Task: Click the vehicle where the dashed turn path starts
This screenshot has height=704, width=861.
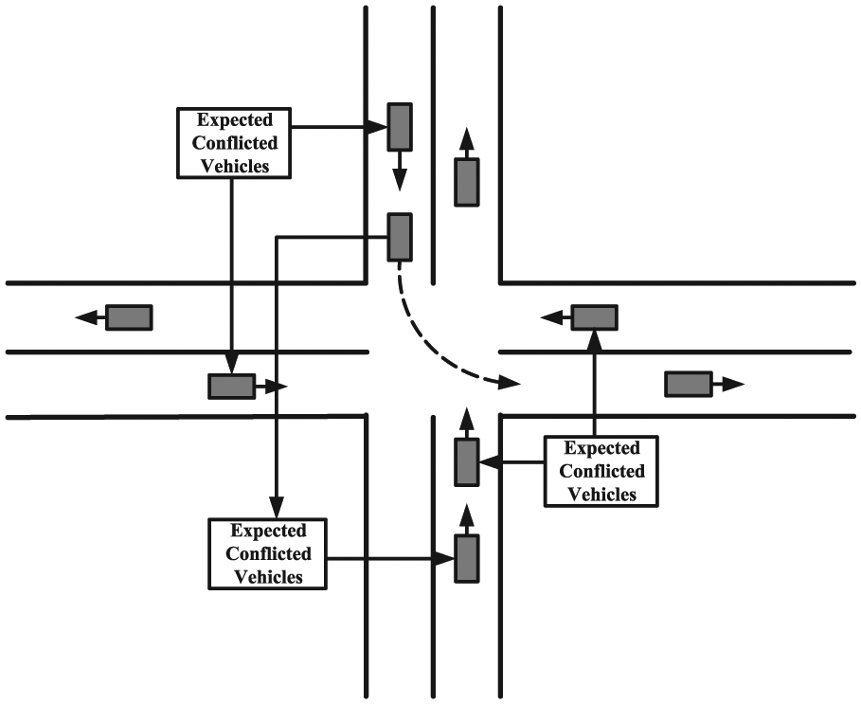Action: pyautogui.click(x=400, y=237)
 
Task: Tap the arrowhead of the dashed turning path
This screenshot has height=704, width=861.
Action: pyautogui.click(x=509, y=382)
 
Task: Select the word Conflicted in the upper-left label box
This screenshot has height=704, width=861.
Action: pyautogui.click(x=235, y=143)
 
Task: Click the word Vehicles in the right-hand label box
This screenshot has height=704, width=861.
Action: pyautogui.click(x=601, y=495)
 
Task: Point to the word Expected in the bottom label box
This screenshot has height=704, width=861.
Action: pyautogui.click(x=268, y=531)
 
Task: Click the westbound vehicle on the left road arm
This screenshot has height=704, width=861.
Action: pyautogui.click(x=129, y=317)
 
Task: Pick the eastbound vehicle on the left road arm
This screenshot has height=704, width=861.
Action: pyautogui.click(x=232, y=386)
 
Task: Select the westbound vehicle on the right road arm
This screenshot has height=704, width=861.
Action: pyautogui.click(x=595, y=317)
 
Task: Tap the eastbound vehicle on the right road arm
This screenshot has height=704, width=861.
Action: pyautogui.click(x=689, y=384)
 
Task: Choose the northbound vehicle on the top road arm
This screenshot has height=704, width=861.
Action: pyautogui.click(x=467, y=182)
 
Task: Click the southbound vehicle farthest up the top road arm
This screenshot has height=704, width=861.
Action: pyautogui.click(x=400, y=126)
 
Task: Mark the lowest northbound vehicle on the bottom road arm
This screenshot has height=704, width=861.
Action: pyautogui.click(x=467, y=558)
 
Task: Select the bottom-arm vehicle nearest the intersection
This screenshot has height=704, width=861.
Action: pyautogui.click(x=467, y=461)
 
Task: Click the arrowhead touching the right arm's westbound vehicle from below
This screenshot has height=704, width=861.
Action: pyautogui.click(x=595, y=340)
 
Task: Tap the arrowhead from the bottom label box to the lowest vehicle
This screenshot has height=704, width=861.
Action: pyautogui.click(x=443, y=559)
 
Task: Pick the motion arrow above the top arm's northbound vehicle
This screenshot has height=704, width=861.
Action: pyautogui.click(x=467, y=143)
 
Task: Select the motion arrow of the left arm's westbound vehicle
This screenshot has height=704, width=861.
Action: pyautogui.click(x=90, y=316)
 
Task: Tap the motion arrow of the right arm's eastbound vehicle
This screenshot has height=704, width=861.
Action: pyautogui.click(x=728, y=384)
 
